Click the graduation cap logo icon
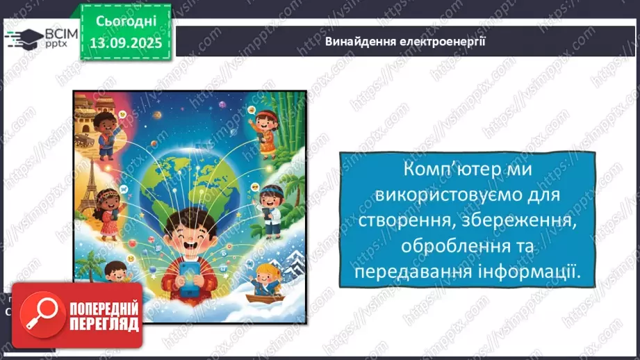(23, 38)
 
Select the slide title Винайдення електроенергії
(405, 41)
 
